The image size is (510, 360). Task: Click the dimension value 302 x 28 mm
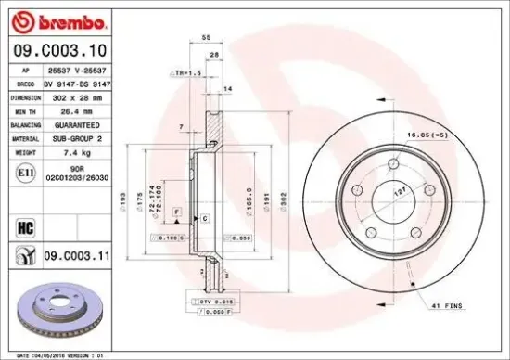tap(75, 96)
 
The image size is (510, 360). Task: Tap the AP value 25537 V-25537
tap(75, 70)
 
